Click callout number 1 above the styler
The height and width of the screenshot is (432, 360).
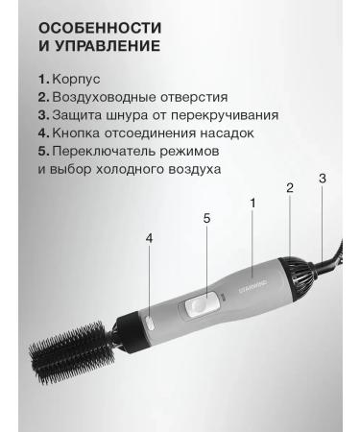(x=252, y=203)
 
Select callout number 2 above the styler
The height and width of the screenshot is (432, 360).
(x=290, y=188)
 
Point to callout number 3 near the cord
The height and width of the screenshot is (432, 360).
(x=323, y=179)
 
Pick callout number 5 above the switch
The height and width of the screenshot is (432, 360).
(x=206, y=218)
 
